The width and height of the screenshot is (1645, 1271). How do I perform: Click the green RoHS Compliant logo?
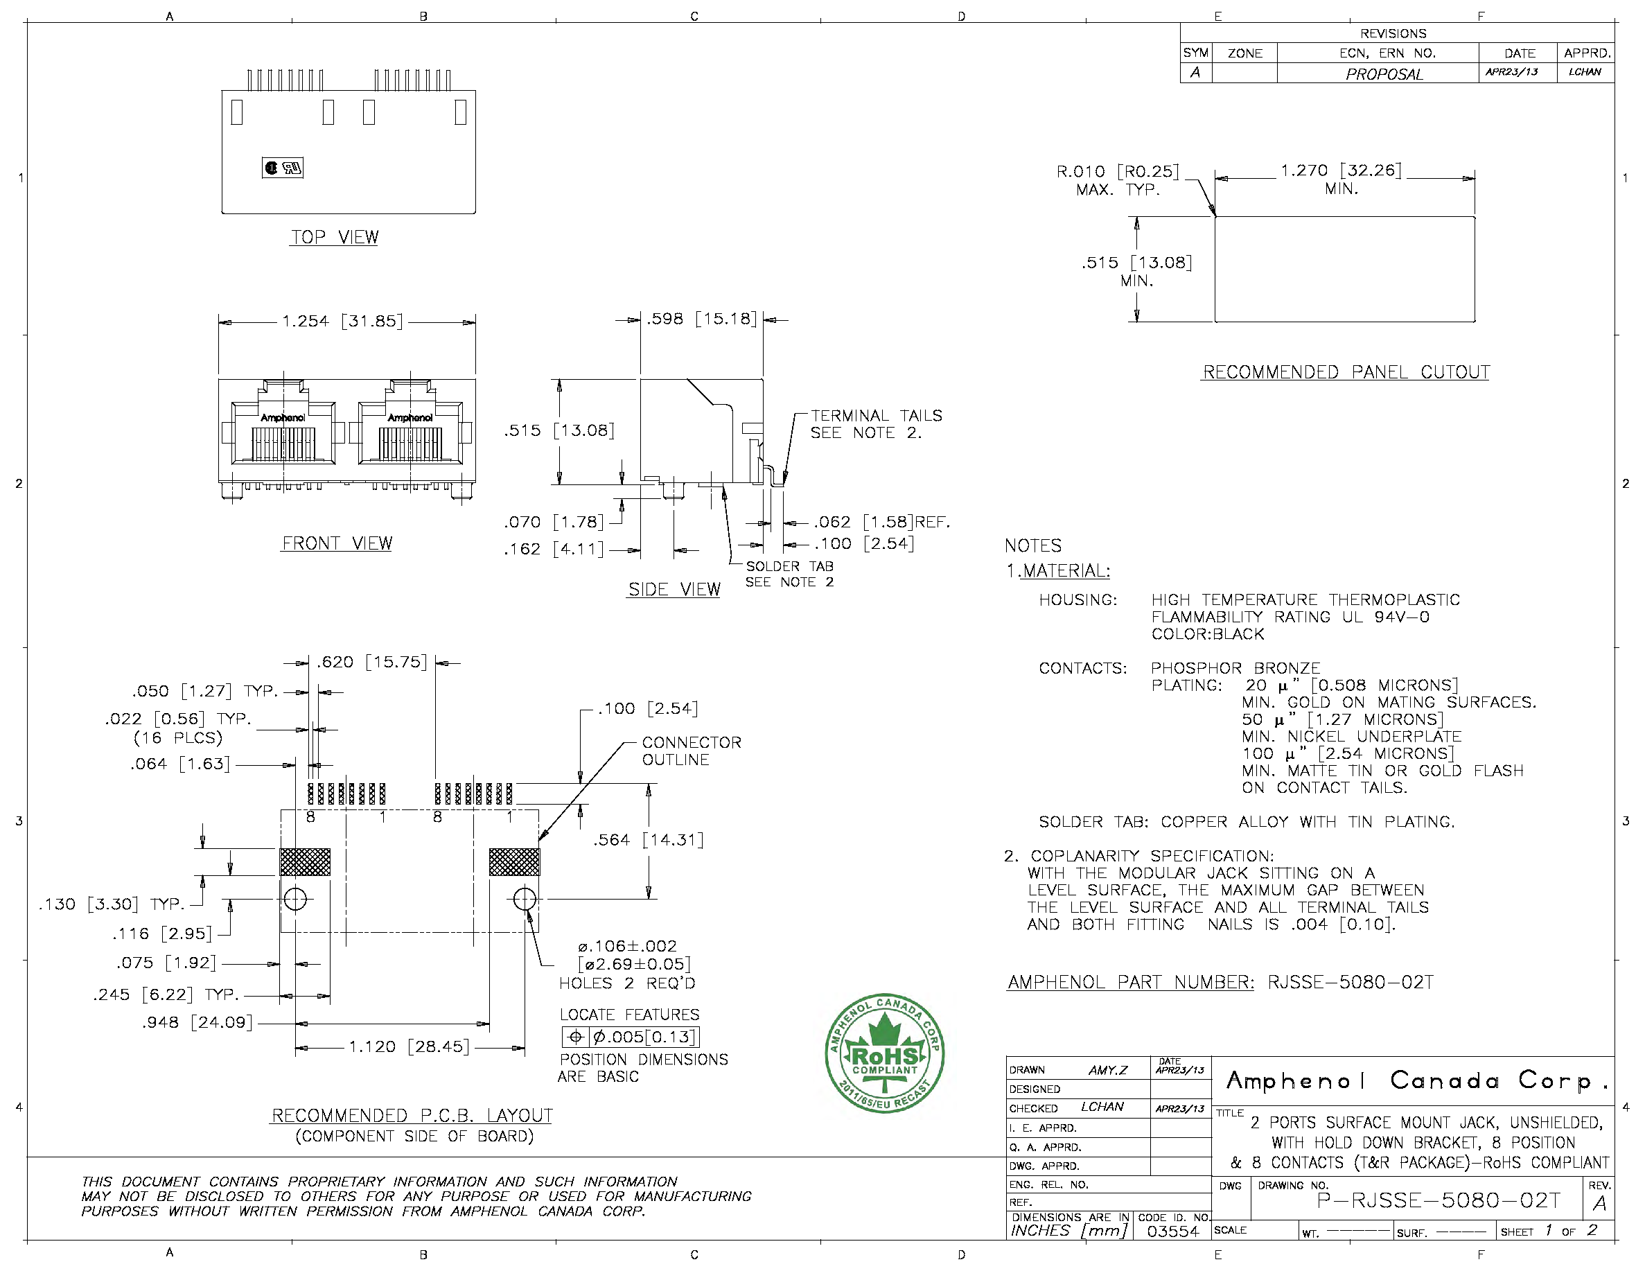pos(884,1053)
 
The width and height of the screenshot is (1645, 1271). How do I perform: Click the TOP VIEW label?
pos(335,236)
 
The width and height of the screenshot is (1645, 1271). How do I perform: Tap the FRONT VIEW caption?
pos(337,543)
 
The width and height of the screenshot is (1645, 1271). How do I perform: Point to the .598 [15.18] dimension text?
pos(701,319)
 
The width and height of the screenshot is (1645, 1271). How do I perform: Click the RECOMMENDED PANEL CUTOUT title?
pos(1346,372)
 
